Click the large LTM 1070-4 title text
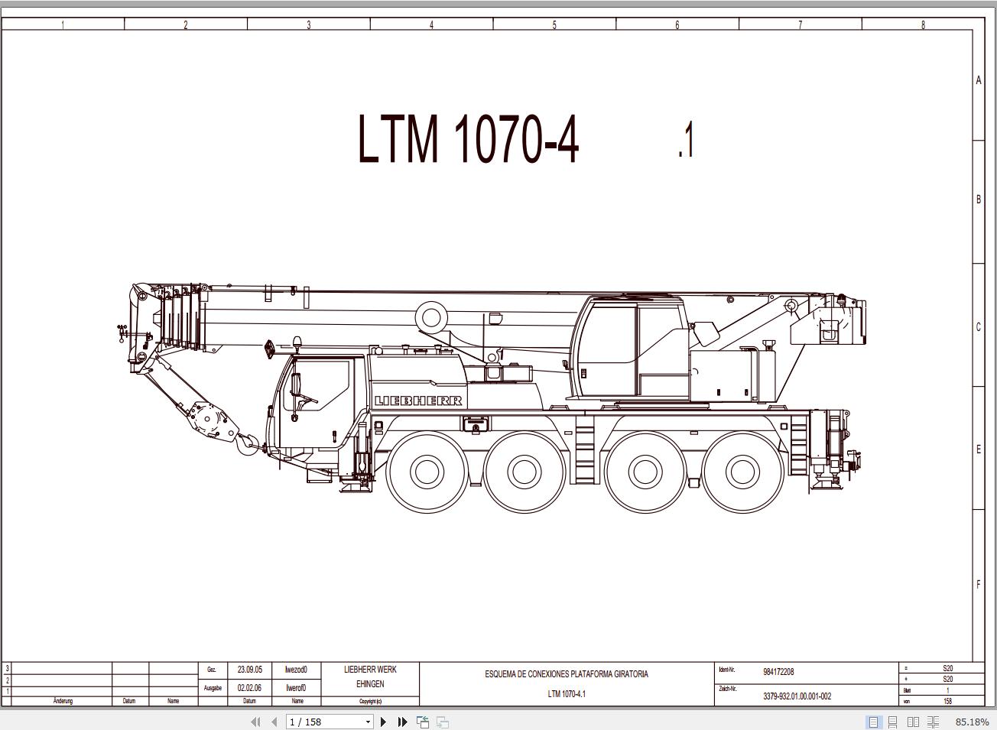click(468, 139)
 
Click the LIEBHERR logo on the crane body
click(418, 401)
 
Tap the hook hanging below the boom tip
click(247, 443)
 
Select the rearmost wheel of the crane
click(742, 471)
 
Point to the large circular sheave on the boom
click(432, 316)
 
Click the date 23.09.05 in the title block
click(249, 670)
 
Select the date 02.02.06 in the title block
click(249, 688)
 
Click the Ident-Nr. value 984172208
click(778, 672)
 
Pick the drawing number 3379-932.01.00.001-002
click(797, 696)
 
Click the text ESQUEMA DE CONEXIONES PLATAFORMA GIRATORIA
click(567, 674)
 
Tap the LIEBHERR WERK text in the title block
click(370, 670)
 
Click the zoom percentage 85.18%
click(972, 722)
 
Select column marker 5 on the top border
click(554, 25)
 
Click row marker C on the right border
click(978, 326)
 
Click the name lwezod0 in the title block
click(296, 670)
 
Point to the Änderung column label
click(63, 701)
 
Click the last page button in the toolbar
click(402, 722)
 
